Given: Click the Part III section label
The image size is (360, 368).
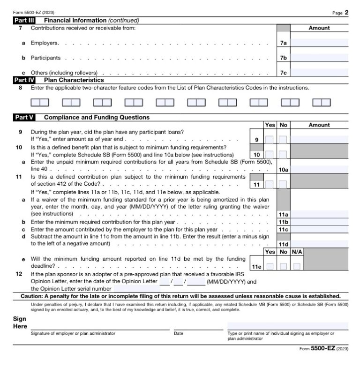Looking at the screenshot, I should point(22,21).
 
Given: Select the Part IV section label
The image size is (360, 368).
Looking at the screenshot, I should point(22,80).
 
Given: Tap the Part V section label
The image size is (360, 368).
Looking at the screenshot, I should point(22,118).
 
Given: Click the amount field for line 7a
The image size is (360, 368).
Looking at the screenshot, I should point(320,43).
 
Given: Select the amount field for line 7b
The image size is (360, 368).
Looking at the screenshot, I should point(320,58).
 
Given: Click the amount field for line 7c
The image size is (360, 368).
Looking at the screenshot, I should point(320,73).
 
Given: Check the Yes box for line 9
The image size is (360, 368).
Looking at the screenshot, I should point(270,140).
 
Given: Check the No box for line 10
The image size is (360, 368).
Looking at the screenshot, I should point(283,154).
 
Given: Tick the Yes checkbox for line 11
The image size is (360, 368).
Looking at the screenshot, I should point(270,184).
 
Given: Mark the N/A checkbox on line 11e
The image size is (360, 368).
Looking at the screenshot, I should point(297,267).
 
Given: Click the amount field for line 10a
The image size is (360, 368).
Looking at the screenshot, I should point(320,169).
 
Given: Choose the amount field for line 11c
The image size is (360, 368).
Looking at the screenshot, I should point(320,230).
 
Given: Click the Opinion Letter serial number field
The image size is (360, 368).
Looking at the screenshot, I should point(136,289).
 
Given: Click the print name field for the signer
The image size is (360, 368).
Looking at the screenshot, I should point(288,326).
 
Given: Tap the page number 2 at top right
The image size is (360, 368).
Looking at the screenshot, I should point(346,13).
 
